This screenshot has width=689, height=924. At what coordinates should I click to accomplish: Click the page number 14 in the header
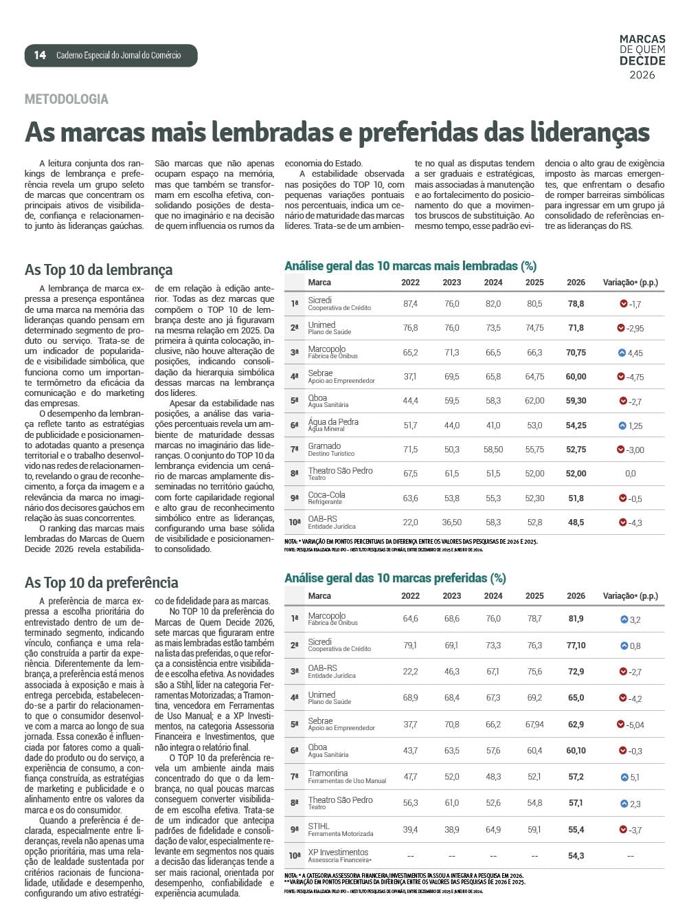click(40, 55)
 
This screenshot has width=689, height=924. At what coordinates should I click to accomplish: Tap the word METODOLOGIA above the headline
click(67, 99)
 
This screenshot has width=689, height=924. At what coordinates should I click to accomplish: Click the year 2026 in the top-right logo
click(642, 75)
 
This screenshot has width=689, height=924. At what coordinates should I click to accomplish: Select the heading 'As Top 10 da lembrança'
click(98, 270)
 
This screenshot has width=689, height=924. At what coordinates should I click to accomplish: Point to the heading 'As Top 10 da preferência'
click(101, 583)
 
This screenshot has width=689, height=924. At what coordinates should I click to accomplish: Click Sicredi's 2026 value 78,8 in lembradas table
click(576, 304)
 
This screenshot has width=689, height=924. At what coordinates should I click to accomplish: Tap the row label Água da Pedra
click(333, 422)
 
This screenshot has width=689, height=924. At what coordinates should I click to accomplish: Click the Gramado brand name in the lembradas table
click(324, 446)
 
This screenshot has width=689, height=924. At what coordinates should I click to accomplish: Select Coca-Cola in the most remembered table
click(326, 495)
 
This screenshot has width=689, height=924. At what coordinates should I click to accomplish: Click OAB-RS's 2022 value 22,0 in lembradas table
click(410, 522)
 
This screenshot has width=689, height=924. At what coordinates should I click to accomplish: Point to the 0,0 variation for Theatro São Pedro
click(630, 474)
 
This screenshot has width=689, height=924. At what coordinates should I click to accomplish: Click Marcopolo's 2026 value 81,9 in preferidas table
click(576, 619)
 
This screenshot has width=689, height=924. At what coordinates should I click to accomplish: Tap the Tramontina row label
click(328, 773)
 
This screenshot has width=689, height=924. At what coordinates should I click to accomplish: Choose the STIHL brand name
click(319, 826)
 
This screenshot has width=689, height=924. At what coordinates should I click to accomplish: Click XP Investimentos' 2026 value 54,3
click(576, 856)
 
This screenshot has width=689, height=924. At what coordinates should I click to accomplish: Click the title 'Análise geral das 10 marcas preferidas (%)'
click(395, 578)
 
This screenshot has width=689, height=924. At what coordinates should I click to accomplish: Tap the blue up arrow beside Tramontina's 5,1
click(624, 778)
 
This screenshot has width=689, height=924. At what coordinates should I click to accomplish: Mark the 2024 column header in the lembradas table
click(493, 283)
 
